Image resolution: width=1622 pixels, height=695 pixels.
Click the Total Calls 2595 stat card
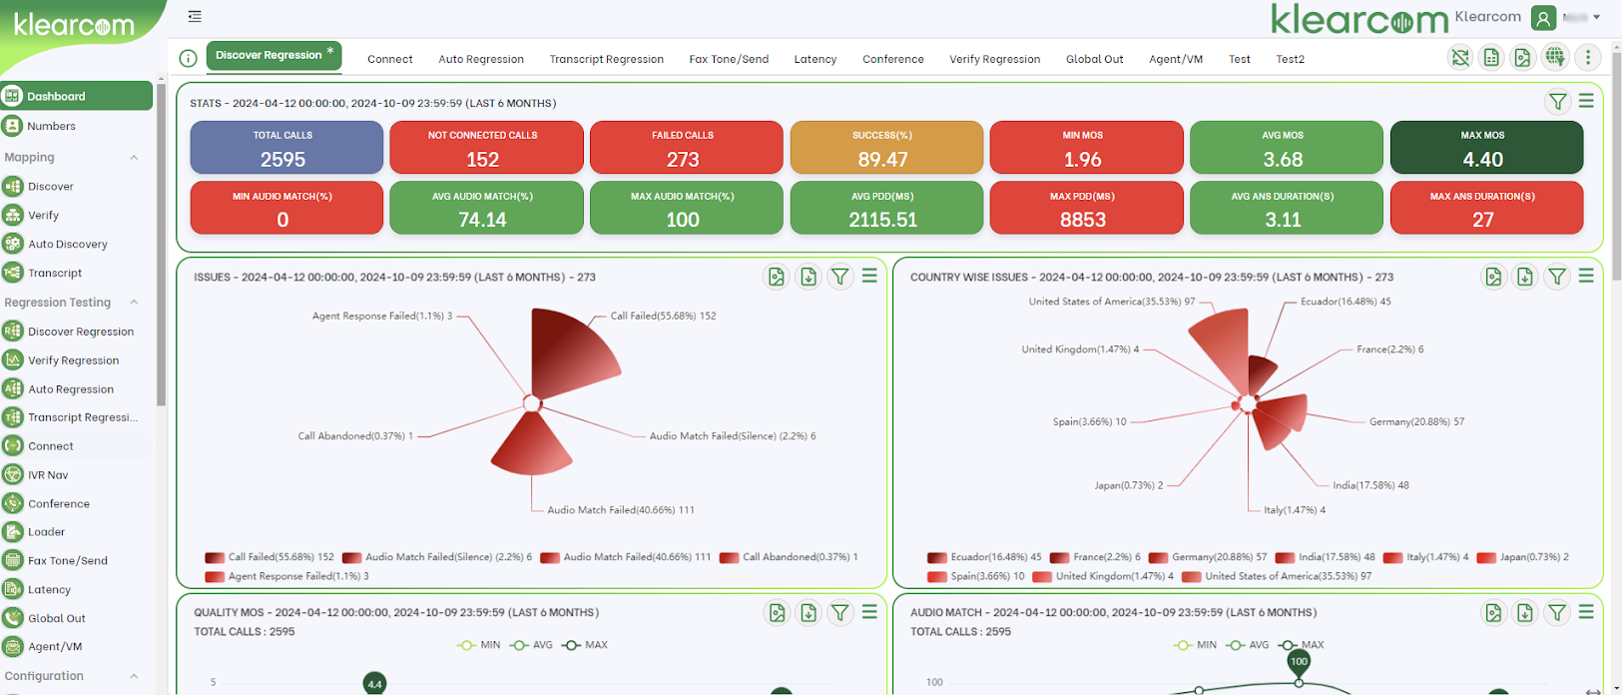tap(286, 148)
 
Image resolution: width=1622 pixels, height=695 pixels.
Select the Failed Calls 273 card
tap(686, 148)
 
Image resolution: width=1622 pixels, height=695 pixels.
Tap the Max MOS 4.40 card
tap(1485, 148)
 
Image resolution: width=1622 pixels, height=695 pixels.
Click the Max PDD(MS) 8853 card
tap(1086, 208)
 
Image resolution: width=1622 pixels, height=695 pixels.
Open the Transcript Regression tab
tap(606, 59)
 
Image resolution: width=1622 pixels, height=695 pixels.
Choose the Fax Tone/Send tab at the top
tap(729, 59)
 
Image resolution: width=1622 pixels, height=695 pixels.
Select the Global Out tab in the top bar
tap(1094, 59)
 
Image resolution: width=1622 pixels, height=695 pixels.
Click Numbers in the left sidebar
tap(51, 126)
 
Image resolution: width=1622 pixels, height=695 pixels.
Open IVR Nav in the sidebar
tap(48, 475)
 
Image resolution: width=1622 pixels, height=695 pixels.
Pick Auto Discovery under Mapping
tap(67, 244)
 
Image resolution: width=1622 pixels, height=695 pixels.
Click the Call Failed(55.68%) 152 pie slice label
tap(663, 316)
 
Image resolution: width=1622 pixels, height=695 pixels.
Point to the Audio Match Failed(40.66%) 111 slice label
tap(620, 510)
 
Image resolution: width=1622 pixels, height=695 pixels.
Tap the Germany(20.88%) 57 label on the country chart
tap(1415, 422)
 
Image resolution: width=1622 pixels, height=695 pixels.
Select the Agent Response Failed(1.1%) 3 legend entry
tap(297, 576)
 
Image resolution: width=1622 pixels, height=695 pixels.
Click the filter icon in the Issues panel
tap(840, 277)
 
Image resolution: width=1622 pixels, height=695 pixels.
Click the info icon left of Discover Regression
tap(188, 58)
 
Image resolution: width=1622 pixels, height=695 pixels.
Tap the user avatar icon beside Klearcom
tap(1543, 17)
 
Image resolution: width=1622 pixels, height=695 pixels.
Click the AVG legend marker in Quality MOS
tap(532, 645)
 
